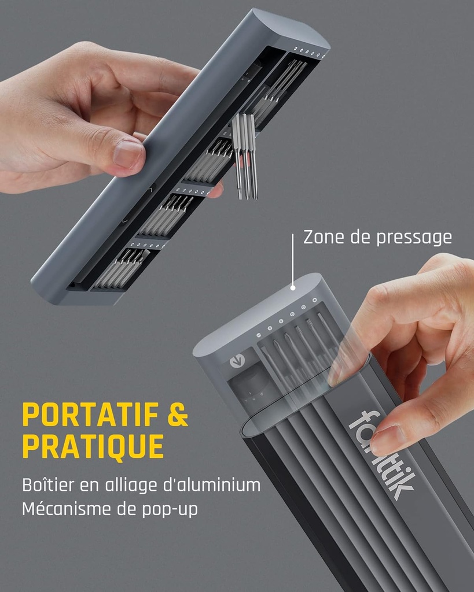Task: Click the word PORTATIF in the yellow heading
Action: coord(90,414)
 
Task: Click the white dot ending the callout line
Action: coord(293,288)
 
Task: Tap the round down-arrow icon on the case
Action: coord(237,362)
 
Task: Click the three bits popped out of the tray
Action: coord(245,156)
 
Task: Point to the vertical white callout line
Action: coord(293,259)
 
